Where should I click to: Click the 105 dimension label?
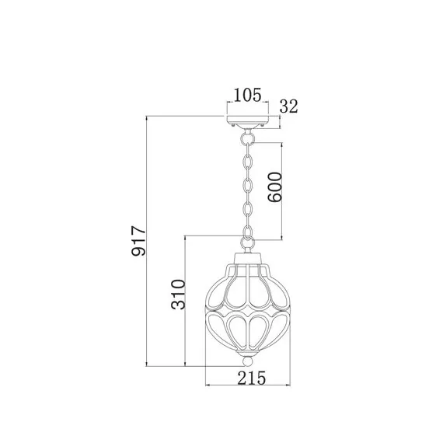[x=248, y=95]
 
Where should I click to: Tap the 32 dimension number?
[x=289, y=106]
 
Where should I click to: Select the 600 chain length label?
[x=275, y=187]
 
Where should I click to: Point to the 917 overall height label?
[x=138, y=241]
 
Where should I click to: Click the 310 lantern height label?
[x=178, y=295]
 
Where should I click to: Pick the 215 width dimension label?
[x=252, y=378]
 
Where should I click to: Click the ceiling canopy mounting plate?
[x=247, y=121]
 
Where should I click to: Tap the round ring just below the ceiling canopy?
[x=247, y=138]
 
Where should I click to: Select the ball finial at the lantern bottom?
[x=247, y=361]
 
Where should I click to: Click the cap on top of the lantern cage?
[x=247, y=258]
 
